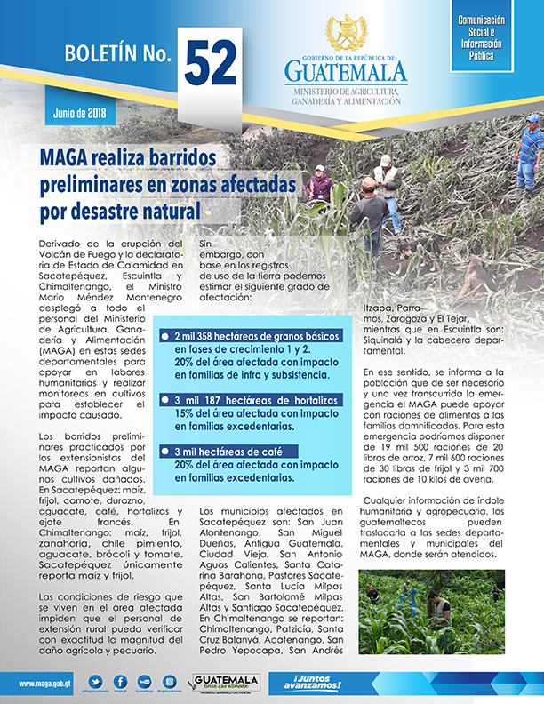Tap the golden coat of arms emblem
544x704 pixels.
[x=346, y=33]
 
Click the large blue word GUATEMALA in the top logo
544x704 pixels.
[x=346, y=71]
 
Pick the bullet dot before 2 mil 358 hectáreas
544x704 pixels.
[x=164, y=336]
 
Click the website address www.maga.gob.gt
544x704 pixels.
[x=39, y=683]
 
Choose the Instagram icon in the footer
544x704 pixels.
[x=169, y=681]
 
